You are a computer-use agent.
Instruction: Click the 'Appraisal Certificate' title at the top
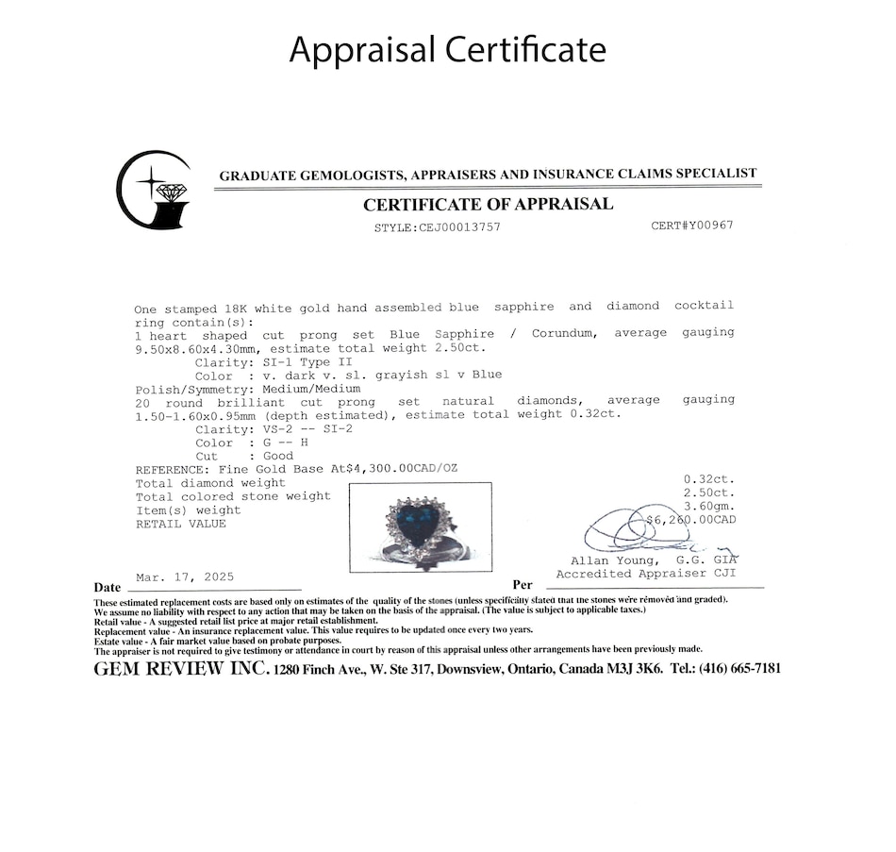(447, 49)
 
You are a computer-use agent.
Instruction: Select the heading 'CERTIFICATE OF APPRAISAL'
(488, 204)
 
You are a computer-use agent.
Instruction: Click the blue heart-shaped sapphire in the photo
(421, 525)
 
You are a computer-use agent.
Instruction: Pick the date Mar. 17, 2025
(185, 576)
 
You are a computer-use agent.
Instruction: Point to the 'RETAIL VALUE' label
(181, 524)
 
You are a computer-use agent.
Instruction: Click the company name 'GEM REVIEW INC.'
(181, 668)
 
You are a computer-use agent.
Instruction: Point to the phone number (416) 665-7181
(738, 668)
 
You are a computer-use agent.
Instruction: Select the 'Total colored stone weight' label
(233, 496)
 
